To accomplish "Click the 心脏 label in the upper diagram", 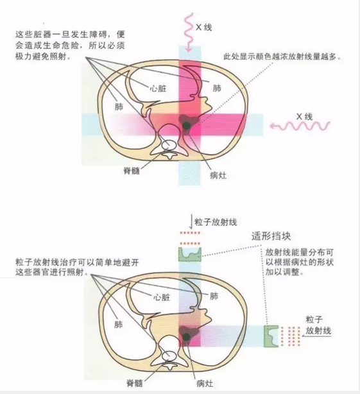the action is (x=158, y=89).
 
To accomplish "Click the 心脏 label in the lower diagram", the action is (x=162, y=297).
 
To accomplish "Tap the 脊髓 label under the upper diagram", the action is (x=132, y=171).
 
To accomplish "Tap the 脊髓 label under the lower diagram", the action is (x=135, y=384).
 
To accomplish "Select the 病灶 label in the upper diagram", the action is (x=218, y=175).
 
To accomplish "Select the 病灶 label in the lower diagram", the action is (x=205, y=384).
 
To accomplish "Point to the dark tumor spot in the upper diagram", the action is (x=186, y=125).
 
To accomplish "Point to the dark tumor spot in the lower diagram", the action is (x=186, y=337).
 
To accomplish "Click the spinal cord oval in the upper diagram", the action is (x=169, y=145).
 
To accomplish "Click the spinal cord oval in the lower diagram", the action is (x=169, y=355).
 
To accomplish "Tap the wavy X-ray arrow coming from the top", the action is (x=188, y=32).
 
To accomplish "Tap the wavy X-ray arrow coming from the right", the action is (x=300, y=126).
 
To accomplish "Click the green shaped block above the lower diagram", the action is (x=190, y=254).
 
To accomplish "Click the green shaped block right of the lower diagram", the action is (x=271, y=336).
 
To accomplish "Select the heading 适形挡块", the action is (x=271, y=236).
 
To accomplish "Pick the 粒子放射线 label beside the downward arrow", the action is (x=216, y=222).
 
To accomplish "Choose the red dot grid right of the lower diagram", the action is (x=291, y=336).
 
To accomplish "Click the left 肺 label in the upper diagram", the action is (x=119, y=107).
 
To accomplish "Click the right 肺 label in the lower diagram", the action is (x=214, y=296).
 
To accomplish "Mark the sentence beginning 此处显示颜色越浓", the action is (x=283, y=56).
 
